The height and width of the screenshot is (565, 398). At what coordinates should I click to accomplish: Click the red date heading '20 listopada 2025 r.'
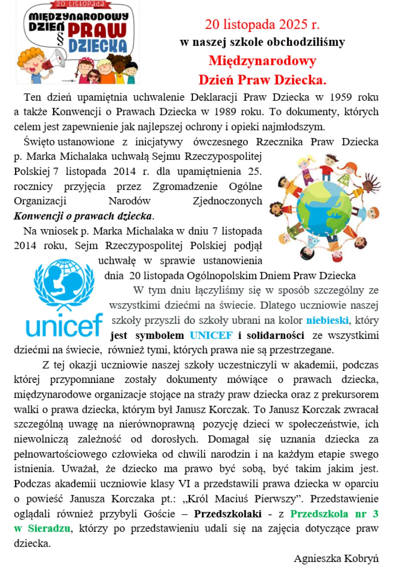coord(262,24)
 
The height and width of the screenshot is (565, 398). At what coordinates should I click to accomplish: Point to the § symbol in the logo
coord(60,39)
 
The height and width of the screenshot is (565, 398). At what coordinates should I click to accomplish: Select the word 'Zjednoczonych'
coord(227,201)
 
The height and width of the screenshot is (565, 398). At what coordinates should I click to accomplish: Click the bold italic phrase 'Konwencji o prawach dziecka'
coord(83,216)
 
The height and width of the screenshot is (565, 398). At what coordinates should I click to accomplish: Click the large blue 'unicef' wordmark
coord(64,325)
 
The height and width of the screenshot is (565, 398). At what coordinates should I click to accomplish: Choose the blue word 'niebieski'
coord(327,320)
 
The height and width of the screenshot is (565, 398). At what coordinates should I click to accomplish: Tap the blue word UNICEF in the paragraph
coord(211,336)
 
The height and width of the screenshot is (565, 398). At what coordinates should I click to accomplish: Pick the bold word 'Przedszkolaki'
coord(227,514)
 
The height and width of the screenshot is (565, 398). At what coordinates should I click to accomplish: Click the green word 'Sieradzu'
coord(49,529)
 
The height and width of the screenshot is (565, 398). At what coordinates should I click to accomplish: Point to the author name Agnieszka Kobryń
coord(336,559)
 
